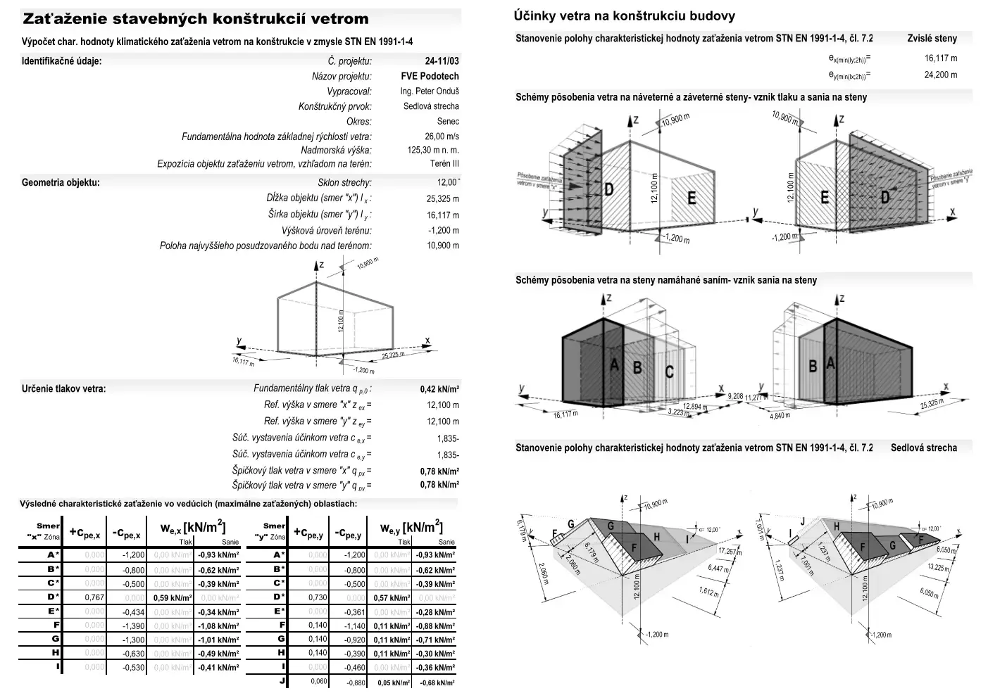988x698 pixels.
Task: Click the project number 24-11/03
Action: [x=442, y=61]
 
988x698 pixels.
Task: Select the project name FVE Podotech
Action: [x=430, y=76]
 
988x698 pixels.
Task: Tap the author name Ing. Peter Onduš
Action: [x=430, y=91]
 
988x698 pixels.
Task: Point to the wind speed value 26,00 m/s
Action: [x=442, y=137]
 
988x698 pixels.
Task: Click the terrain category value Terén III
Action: [x=444, y=164]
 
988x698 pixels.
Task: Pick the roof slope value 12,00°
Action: [x=448, y=183]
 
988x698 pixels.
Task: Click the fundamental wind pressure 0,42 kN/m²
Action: [x=439, y=389]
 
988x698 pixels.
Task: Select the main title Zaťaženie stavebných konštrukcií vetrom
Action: [x=195, y=19]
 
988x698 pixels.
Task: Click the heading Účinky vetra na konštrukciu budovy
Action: [x=625, y=15]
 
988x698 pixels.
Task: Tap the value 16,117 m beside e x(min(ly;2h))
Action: [x=940, y=58]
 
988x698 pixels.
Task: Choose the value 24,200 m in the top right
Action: [x=940, y=75]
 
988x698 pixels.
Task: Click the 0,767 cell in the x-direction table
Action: [x=94, y=597]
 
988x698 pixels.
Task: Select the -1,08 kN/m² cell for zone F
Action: [x=218, y=626]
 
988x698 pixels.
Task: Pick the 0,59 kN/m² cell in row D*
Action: [x=172, y=597]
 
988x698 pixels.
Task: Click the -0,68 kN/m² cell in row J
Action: [x=437, y=683]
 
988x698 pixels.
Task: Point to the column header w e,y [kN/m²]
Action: [x=411, y=528]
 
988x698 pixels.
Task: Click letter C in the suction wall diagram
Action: [x=669, y=372]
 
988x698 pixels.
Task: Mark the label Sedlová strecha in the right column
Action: [x=923, y=448]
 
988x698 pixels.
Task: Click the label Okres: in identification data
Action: [x=358, y=122]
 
